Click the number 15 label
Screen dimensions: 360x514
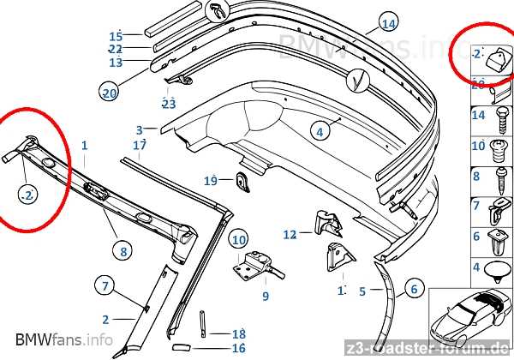[x=117, y=36]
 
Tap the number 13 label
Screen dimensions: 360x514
[x=117, y=63]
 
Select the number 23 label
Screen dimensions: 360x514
[x=169, y=105]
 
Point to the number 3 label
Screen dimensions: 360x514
[x=140, y=130]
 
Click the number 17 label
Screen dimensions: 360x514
[x=140, y=146]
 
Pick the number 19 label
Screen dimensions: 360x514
[x=211, y=181]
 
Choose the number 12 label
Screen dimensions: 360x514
[x=290, y=233]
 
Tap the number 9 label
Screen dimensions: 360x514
[x=266, y=297]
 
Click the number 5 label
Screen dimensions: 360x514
[x=362, y=291]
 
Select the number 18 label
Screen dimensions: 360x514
[x=238, y=333]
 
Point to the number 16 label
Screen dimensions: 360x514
[x=238, y=349]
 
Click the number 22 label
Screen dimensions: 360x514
[x=116, y=50]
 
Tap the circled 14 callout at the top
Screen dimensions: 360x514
[x=389, y=23]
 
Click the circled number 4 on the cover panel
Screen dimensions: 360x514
[x=320, y=132]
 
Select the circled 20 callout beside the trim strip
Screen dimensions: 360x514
[x=109, y=93]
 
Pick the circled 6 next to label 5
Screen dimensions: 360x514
[x=411, y=289]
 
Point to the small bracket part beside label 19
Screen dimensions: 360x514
[x=241, y=180]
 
